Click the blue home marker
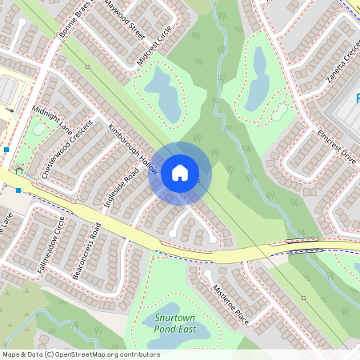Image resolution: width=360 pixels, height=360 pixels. pyautogui.click(x=179, y=172)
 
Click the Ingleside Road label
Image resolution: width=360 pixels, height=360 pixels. pyautogui.click(x=116, y=185)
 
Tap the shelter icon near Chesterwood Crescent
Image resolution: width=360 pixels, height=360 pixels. pyautogui.click(x=18, y=170)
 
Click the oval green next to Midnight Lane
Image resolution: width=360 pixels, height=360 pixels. pyautogui.click(x=38, y=129)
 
